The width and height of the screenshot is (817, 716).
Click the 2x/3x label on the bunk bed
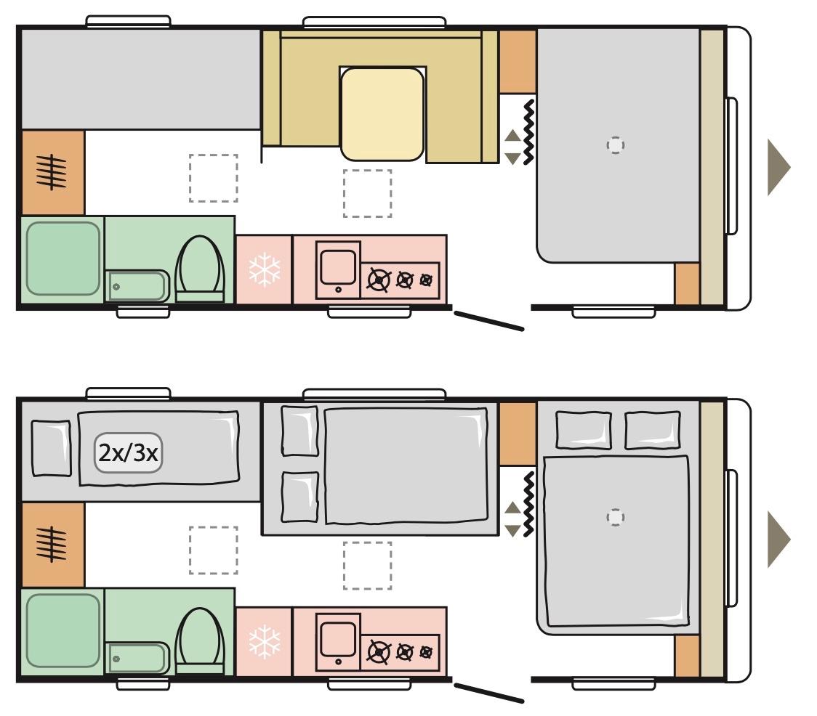coord(128,453)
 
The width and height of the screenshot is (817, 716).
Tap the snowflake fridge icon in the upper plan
coord(264,269)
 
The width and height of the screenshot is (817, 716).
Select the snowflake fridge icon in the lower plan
coord(264,642)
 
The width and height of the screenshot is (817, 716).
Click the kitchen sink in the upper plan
coord(338,269)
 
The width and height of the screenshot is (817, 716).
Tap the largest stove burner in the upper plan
coord(379,280)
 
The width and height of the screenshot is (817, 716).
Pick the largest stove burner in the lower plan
coord(379,653)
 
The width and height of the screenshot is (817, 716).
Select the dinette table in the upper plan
coord(382,114)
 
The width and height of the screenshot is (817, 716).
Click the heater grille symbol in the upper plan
coord(52,172)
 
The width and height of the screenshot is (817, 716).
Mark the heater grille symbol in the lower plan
coord(52,545)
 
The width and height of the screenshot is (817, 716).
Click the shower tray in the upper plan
coord(63,259)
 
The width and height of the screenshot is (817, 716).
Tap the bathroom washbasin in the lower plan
coord(137,658)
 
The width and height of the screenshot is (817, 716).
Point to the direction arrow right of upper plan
coord(778,168)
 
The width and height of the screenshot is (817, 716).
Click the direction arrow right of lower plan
coord(778,540)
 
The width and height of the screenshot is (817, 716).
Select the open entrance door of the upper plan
coord(488,321)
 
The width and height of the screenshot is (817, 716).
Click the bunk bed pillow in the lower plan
coord(51,448)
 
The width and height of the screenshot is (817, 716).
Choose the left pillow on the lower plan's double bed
coord(584,430)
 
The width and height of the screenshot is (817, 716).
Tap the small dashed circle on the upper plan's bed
coord(616,145)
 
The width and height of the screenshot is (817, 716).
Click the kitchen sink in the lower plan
coord(338,642)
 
